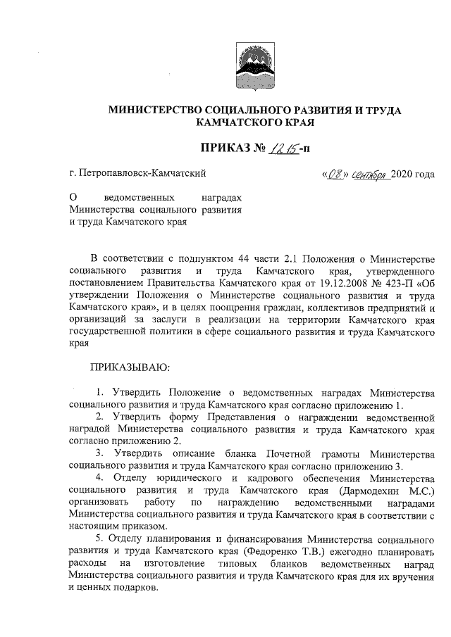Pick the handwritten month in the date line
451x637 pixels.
coord(367,173)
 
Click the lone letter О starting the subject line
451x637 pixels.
coord(73,198)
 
